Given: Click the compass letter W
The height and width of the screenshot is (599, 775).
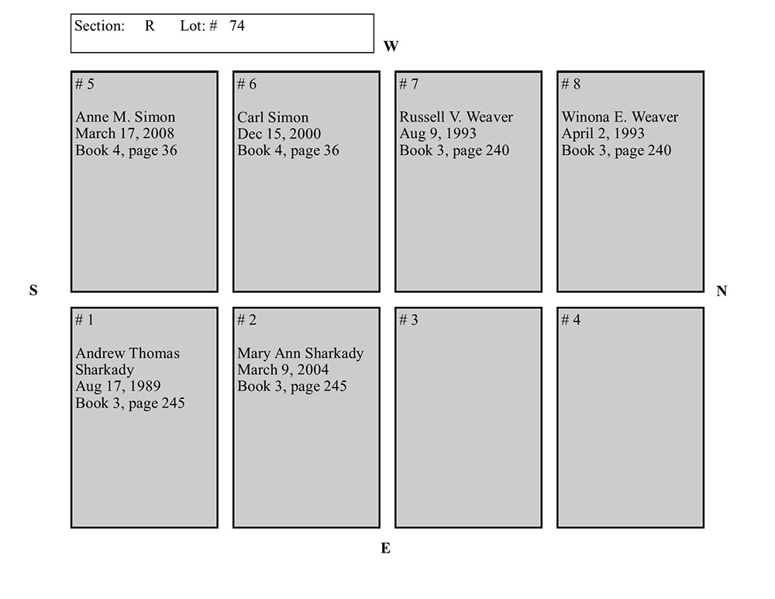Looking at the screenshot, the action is pos(391,46).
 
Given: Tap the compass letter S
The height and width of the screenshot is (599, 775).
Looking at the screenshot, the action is pos(33,290).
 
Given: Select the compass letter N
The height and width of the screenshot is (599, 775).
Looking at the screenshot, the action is pos(722,291).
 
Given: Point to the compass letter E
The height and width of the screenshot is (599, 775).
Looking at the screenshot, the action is pos(385,548).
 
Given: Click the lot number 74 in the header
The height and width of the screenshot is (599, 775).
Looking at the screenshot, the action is pos(236,26).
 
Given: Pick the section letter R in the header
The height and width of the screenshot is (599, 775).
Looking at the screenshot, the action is pos(150,26).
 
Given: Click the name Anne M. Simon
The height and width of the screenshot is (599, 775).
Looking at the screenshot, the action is pos(125,117).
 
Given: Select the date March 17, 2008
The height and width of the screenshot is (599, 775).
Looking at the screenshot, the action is pos(125,133).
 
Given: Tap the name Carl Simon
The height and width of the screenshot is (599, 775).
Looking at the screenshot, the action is pos(273,117).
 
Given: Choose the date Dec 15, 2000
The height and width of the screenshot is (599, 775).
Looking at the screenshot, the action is pos(279,133).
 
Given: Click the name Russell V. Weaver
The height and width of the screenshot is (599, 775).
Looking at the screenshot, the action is pos(456,117).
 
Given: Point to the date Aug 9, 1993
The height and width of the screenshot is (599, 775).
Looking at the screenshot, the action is pos(438,133).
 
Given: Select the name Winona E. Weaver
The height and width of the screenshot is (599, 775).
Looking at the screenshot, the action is pos(620,117).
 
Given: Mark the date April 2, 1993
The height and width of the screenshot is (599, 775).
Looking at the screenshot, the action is pos(603,133).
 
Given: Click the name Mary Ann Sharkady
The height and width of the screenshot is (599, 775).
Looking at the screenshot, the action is pos(301,353).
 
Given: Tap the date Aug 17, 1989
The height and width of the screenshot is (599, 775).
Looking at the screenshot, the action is pos(118,386).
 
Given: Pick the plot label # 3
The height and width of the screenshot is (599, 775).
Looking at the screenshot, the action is pos(408,320).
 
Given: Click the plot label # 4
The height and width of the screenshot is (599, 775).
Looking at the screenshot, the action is pos(571,320).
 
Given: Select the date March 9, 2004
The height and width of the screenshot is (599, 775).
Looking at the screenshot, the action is pos(283,370).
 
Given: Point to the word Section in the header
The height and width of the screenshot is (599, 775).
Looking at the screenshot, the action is pos(99,26).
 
